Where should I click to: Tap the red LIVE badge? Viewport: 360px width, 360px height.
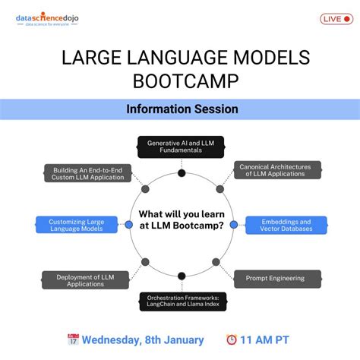tap(336, 19)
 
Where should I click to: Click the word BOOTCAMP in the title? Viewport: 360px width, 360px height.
tap(180, 81)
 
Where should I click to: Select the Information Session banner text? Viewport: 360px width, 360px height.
tap(182, 109)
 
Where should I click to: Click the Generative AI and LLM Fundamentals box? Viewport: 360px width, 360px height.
tap(181, 147)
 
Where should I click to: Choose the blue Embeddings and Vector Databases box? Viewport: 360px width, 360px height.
tap(286, 225)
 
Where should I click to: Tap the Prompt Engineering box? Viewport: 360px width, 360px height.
tap(275, 278)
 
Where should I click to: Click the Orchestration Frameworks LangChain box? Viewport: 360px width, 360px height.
tap(181, 302)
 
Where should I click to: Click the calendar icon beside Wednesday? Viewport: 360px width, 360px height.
tap(73, 339)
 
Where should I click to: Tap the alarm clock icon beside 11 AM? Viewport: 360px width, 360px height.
tap(232, 339)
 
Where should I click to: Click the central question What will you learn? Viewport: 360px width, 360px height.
tap(181, 224)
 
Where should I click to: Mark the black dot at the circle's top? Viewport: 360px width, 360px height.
tap(182, 173)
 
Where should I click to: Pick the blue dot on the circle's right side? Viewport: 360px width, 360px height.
tap(233, 225)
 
